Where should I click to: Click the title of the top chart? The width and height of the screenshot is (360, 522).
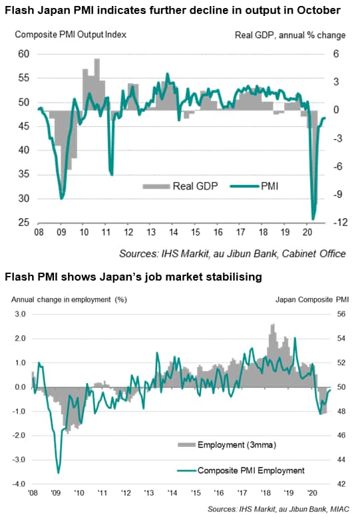pos(172,10)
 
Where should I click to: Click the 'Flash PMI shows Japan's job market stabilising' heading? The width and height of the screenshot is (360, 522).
pos(133,277)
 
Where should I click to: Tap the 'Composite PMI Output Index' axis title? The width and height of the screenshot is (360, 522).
pos(71,35)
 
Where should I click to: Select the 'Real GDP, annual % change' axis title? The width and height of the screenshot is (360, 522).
pos(290,35)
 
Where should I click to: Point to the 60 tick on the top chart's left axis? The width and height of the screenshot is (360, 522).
pos(24,54)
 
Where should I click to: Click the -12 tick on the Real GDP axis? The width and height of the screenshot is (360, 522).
pos(340,222)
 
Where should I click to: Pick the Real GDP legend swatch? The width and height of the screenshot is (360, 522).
pos(156,186)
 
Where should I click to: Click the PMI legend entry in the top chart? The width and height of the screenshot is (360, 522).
pos(254,186)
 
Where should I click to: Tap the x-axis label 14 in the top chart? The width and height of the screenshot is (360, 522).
pos(173,231)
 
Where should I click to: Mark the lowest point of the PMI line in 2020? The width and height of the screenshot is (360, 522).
pos(313,219)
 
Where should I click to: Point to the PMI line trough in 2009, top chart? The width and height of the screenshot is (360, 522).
pos(61,199)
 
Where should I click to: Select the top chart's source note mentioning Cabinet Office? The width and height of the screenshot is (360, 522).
pos(232,253)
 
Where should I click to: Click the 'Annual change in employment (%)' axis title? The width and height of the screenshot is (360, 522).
pos(69,300)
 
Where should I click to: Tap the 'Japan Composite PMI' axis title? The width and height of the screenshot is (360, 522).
pos(312,300)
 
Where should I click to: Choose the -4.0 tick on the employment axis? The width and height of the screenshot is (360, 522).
pos(19,483)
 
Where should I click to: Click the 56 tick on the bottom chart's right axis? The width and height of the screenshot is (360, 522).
pos(341,314)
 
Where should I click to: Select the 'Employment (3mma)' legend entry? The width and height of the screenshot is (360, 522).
pos(227,445)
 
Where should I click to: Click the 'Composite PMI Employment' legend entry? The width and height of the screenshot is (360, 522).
pos(241,470)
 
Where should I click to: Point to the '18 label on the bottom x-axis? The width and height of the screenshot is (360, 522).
pos(266,492)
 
